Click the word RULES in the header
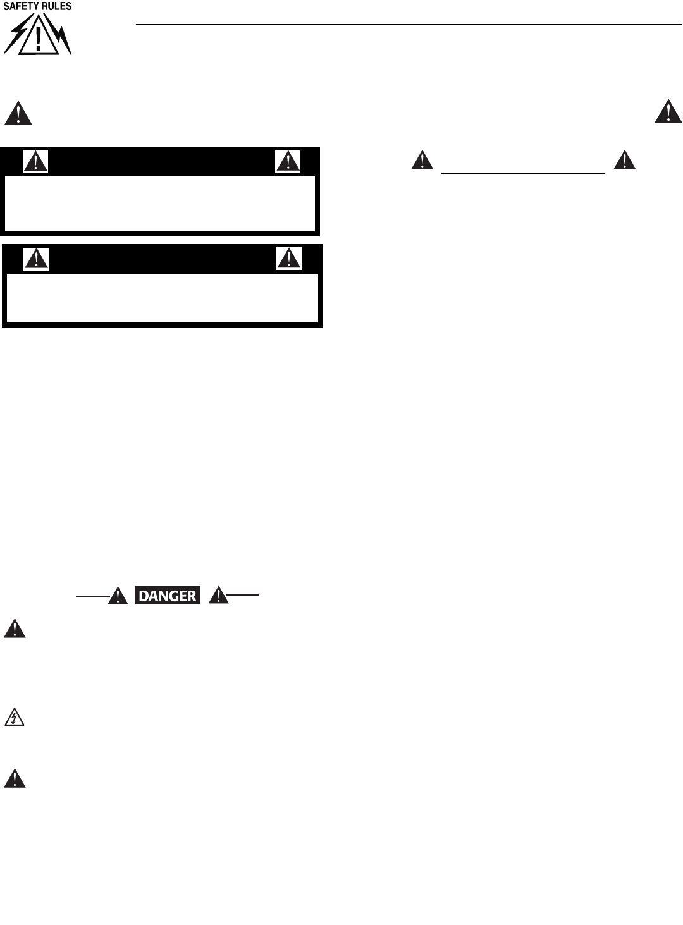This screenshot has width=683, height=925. pos(56,6)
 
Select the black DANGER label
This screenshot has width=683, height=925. pos(168,596)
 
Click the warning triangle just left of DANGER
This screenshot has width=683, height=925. pos(118,596)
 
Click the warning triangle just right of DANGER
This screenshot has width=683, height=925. pos(218,596)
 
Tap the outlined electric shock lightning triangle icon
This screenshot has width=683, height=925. pos(15,718)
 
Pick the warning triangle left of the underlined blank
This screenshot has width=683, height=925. pos(422,161)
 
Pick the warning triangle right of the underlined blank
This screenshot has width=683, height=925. pos(625,161)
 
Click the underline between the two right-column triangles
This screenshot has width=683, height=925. pos(523,173)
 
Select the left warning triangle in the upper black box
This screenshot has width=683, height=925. pos(35,162)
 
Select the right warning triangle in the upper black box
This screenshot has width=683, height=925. pos(288,162)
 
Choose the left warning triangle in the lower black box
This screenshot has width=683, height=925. pos(36,259)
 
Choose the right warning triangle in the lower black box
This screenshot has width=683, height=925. pos(289,259)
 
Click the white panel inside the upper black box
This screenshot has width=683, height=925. pos(160,203)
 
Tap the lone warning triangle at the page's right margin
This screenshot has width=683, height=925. pos(668,112)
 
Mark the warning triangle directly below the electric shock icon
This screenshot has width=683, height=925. pos(15,779)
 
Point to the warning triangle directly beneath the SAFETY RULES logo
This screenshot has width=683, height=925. pos(18,114)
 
